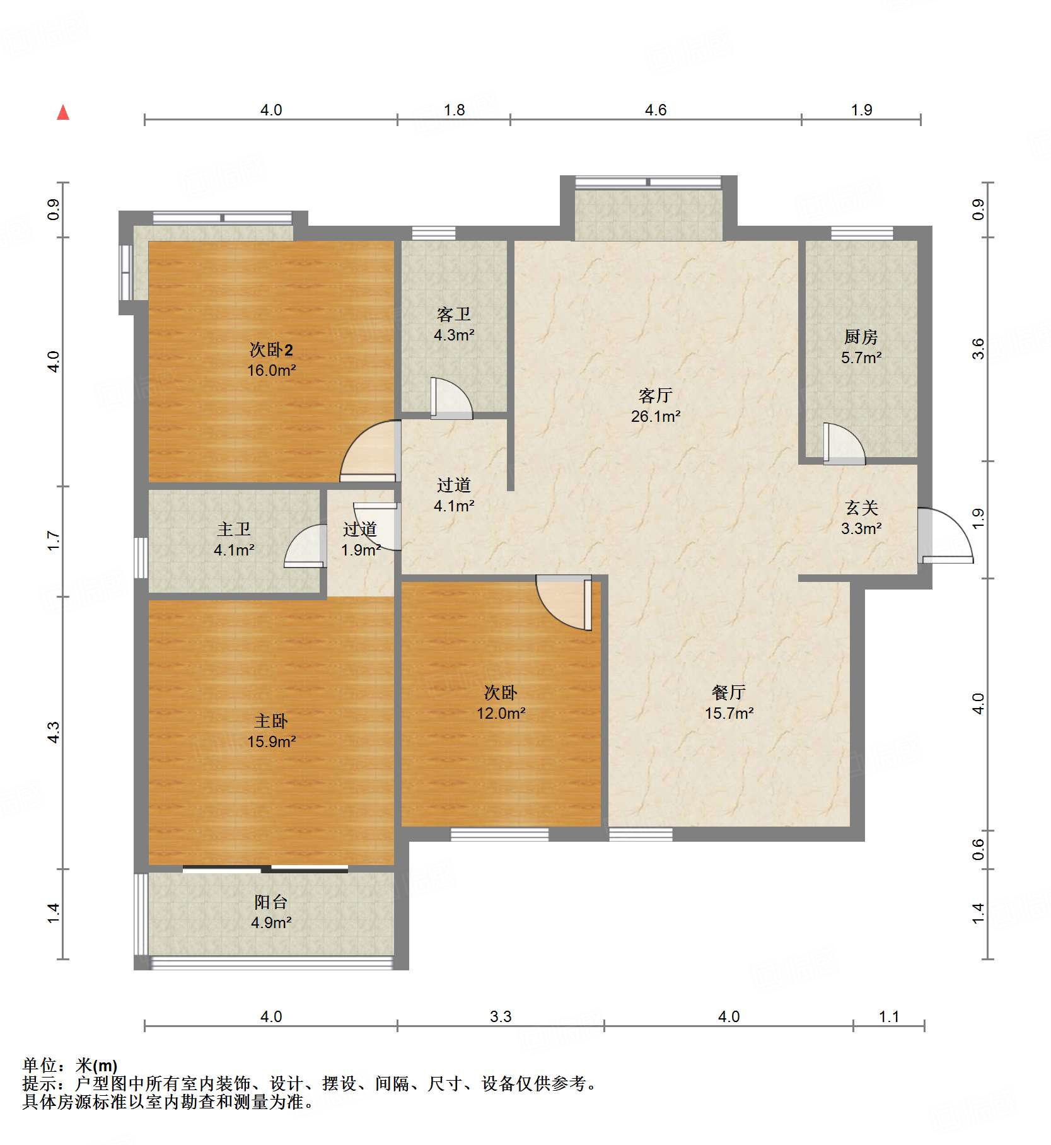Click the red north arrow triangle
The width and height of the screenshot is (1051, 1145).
coord(63,112)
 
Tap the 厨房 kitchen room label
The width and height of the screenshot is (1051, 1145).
coord(861,337)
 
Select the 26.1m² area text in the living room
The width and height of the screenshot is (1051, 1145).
coord(656,416)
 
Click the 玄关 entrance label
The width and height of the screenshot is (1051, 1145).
coord(861,508)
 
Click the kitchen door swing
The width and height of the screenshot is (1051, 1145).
coord(844,444)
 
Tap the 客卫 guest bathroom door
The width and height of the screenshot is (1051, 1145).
coord(451,398)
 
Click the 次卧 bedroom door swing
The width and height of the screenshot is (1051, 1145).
coord(564,603)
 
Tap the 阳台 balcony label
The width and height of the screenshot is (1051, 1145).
coord(271,902)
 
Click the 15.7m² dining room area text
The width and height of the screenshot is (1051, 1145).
coord(729,713)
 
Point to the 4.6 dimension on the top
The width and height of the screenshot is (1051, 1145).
coord(656,110)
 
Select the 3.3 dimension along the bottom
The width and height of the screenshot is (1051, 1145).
coord(501,1016)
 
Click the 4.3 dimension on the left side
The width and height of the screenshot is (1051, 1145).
coord(54,732)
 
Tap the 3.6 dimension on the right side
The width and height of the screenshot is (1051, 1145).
coord(978,349)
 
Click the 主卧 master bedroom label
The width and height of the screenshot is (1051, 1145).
coord(271,721)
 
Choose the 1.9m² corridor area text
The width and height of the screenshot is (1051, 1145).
coord(361,550)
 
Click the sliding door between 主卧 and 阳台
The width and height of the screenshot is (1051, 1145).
coord(265,869)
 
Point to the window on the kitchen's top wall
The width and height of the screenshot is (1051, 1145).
coord(862,233)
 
